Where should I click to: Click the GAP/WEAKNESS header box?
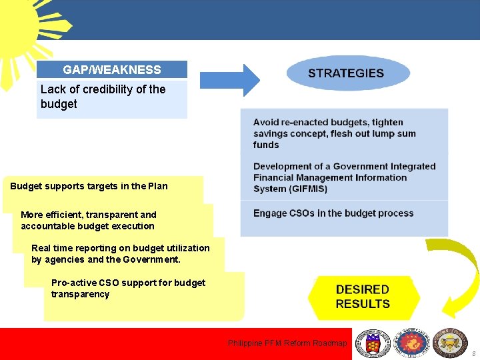point(111,70)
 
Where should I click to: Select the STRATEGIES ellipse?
point(347,73)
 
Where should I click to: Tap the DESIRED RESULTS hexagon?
point(363,297)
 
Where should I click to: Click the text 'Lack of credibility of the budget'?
point(103,97)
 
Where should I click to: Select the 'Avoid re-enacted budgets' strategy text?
point(333,133)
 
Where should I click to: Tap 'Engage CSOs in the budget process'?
point(333,213)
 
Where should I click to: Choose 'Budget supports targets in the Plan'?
point(89,186)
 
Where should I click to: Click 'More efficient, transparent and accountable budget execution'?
point(88,220)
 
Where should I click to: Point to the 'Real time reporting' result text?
point(120,253)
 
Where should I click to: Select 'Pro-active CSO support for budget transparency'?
point(128,288)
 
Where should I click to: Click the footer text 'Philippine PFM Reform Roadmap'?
point(287,343)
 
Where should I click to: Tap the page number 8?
point(473,353)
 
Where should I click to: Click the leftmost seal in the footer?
point(371,343)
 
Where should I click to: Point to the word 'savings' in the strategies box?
point(271,133)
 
